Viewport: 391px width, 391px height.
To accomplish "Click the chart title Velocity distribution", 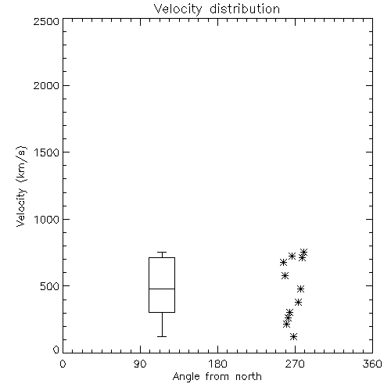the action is pos(217,9).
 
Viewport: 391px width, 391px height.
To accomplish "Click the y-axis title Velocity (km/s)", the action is pos(21,186).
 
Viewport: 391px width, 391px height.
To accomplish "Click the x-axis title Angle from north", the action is pos(217,377).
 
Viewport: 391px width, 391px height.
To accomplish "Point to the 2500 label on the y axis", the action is pos(46,21).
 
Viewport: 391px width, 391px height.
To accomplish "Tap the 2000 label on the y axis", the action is pos(46,85).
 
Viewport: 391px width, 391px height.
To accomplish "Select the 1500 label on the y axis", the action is pos(47,152).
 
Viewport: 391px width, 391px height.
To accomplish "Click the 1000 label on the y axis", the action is pos(47,219).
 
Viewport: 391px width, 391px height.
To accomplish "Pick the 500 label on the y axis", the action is pos(50,286).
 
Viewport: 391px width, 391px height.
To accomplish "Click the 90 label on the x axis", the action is pos(140,364).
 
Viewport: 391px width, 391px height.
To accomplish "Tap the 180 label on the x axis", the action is pos(217,364).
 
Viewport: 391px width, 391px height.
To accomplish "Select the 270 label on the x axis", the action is pos(295,364).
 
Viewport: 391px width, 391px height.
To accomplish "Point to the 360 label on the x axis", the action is pos(372,364).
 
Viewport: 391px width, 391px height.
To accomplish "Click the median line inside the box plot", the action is pos(162,289).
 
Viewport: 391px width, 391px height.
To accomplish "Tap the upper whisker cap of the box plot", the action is pos(162,252).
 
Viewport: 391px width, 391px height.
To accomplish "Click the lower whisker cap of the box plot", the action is pos(162,336).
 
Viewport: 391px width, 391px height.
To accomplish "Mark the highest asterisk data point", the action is pos(303,252).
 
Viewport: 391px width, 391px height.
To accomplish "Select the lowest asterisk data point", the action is pos(294,336).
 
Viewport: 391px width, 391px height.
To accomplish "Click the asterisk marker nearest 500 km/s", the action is pos(301,289).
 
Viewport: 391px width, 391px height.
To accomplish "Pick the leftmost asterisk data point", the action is pos(284,262).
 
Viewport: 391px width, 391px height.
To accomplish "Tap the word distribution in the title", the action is pos(245,9).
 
